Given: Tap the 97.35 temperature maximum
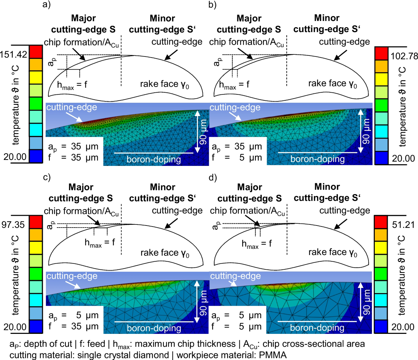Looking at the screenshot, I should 14,224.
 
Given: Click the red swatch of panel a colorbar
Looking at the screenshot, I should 36,52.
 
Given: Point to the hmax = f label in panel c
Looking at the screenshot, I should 100,243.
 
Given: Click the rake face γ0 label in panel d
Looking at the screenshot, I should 333,252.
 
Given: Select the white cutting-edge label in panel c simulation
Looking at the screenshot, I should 71,276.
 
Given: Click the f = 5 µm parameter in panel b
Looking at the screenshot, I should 237,158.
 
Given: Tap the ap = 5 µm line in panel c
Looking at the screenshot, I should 73,315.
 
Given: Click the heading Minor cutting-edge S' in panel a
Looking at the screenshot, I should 162,24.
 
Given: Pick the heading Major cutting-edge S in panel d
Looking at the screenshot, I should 249,193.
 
